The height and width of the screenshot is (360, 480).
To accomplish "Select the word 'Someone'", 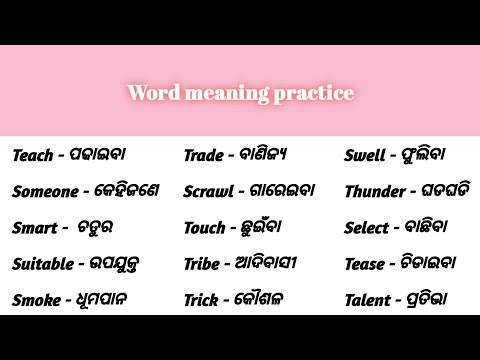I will [x=45, y=192].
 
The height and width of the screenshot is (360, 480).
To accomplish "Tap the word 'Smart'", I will [x=34, y=228].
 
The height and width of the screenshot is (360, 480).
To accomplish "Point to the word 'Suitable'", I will [x=43, y=264].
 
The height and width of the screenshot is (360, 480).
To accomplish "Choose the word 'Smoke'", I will [x=34, y=299].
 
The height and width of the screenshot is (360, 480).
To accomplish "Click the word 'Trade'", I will [x=203, y=155].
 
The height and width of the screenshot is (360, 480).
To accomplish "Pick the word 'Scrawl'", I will [x=209, y=191].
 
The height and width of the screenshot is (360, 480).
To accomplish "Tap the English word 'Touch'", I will [x=205, y=227].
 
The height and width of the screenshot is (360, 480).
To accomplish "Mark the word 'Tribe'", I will [x=203, y=263].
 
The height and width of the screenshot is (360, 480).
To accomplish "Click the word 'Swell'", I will [x=364, y=156].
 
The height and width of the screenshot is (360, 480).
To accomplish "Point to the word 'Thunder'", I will [x=372, y=191].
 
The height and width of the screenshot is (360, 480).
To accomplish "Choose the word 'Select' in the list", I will [x=366, y=228].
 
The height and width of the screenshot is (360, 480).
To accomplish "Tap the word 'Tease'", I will [x=364, y=264].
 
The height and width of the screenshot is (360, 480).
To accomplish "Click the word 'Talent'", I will [x=367, y=299].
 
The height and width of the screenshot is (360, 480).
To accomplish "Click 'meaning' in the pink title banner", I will [x=228, y=95].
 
